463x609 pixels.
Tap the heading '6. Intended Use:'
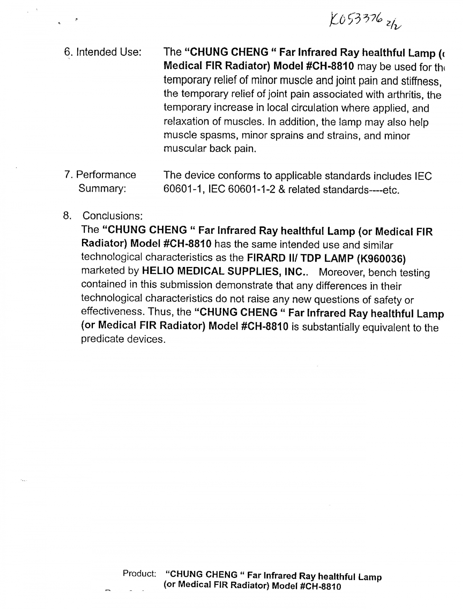(103, 52)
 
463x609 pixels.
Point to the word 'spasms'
(219, 135)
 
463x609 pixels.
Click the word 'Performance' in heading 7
(106, 175)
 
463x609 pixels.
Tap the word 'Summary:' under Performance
(102, 189)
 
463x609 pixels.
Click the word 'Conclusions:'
(112, 216)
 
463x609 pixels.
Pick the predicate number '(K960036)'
(381, 259)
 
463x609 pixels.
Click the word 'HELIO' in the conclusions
(158, 271)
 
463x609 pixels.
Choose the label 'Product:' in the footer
(140, 573)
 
